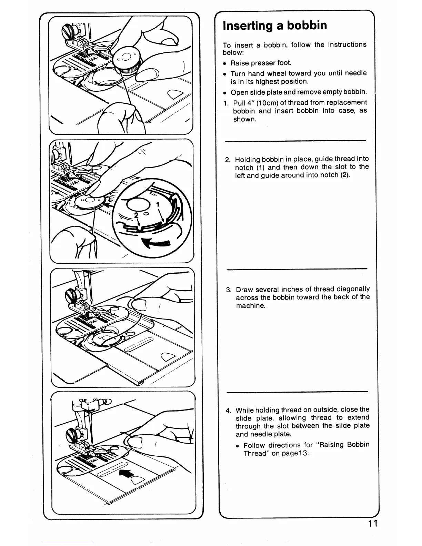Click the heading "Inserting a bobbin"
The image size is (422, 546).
[x=275, y=26]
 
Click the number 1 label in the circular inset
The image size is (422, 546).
[x=158, y=204]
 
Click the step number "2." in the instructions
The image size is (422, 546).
[x=228, y=159]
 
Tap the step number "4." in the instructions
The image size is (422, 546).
[x=228, y=410]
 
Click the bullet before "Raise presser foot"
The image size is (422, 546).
[x=224, y=63]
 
